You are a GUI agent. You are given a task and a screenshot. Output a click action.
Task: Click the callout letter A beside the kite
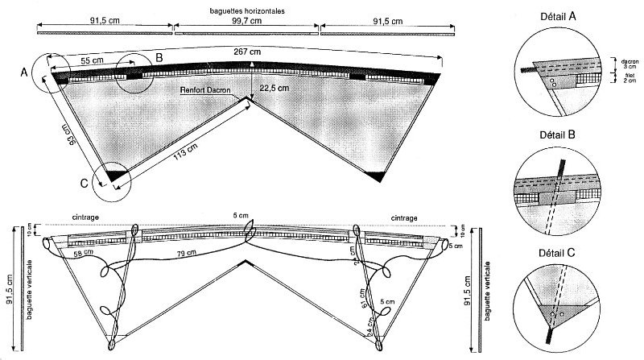click(24, 72)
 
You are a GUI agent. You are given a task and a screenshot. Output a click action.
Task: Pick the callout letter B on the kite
click(159, 57)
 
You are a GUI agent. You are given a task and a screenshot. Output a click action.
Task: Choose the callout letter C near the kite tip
click(85, 182)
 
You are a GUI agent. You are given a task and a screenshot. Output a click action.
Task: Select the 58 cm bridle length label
click(81, 254)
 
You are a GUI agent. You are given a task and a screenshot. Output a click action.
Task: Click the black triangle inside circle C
click(114, 175)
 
